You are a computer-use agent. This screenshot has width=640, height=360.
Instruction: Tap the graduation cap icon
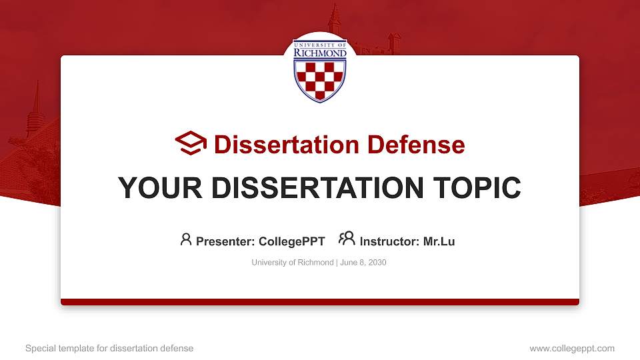click(x=191, y=143)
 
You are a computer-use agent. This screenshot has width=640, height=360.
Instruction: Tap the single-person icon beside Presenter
click(x=186, y=240)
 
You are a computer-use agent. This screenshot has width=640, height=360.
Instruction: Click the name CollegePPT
click(x=292, y=241)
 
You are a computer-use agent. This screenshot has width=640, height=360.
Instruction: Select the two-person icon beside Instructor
click(x=347, y=239)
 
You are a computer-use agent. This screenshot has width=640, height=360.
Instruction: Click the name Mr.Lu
click(x=439, y=241)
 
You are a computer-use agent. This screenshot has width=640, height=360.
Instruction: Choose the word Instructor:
click(x=389, y=241)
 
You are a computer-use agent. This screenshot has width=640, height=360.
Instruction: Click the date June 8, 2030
click(x=363, y=263)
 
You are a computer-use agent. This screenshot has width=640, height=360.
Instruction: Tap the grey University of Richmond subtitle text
click(x=292, y=263)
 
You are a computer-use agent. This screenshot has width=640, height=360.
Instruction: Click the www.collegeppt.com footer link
click(x=571, y=348)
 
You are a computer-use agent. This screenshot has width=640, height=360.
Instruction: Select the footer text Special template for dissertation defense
click(x=109, y=348)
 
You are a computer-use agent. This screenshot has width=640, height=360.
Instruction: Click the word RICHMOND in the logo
click(x=320, y=53)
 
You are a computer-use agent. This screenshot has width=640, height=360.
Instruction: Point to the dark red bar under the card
click(x=320, y=302)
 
